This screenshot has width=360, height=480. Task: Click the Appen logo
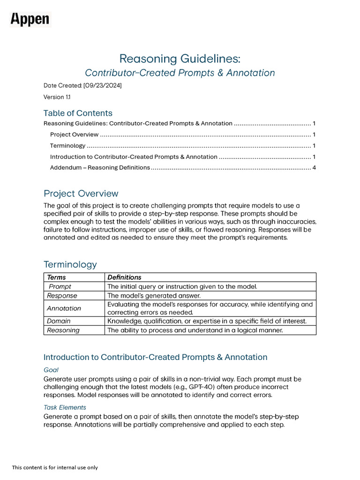click(30, 20)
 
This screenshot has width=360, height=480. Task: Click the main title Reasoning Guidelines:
click(180, 59)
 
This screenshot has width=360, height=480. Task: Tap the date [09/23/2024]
click(103, 86)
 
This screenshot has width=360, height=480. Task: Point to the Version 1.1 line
click(54, 97)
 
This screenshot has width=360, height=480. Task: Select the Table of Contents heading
click(78, 113)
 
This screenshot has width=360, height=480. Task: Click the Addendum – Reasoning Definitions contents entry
click(100, 167)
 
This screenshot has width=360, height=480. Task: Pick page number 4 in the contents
click(314, 167)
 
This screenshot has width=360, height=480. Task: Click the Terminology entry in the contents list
click(67, 145)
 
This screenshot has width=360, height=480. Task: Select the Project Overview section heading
click(81, 194)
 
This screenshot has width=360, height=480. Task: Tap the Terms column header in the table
click(57, 277)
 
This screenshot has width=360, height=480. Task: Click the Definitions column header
click(124, 277)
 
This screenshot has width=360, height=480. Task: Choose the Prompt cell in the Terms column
click(60, 286)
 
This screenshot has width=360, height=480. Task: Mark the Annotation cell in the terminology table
click(64, 308)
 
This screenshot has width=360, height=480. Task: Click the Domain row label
click(59, 321)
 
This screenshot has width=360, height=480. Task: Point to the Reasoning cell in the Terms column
click(63, 330)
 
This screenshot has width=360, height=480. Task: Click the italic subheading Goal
click(51, 370)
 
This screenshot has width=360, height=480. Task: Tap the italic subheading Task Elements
click(65, 407)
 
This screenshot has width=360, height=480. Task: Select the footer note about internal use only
click(55, 467)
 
